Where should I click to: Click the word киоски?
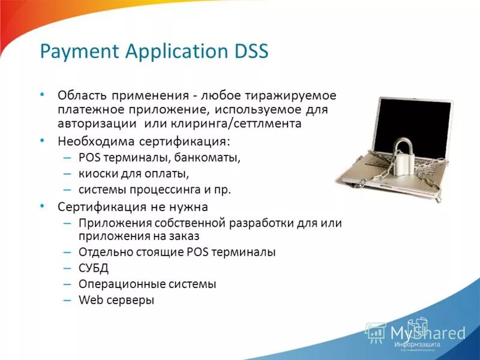click(97, 174)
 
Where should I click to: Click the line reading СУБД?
click(94, 268)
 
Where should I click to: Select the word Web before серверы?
click(89, 299)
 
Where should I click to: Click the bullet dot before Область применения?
click(42, 95)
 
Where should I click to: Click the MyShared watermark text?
click(427, 333)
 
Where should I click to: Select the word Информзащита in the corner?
click(418, 345)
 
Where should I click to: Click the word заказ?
click(184, 236)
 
